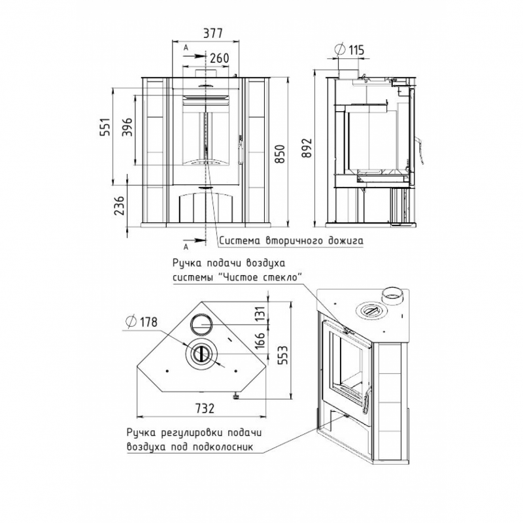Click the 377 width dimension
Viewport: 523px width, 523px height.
click(212, 33)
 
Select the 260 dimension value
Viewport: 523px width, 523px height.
click(220, 58)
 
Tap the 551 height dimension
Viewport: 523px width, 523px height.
click(106, 127)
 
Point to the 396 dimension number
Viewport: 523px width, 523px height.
click(127, 127)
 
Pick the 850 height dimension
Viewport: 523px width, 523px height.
click(281, 154)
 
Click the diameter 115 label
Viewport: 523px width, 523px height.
click(350, 50)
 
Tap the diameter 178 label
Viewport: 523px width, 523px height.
click(141, 322)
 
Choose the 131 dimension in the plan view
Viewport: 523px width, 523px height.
click(260, 314)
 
